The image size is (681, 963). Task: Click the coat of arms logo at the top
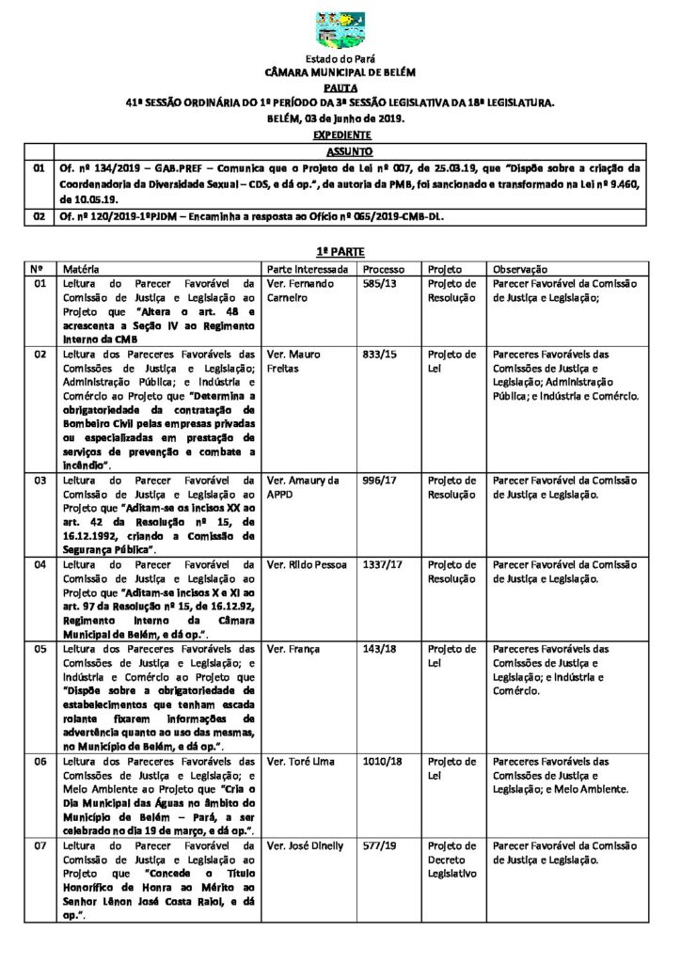point(340,31)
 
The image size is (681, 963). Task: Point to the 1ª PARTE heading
point(340,252)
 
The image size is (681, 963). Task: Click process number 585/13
point(379,283)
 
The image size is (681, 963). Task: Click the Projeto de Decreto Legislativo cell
point(452,860)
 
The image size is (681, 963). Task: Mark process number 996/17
point(379,481)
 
